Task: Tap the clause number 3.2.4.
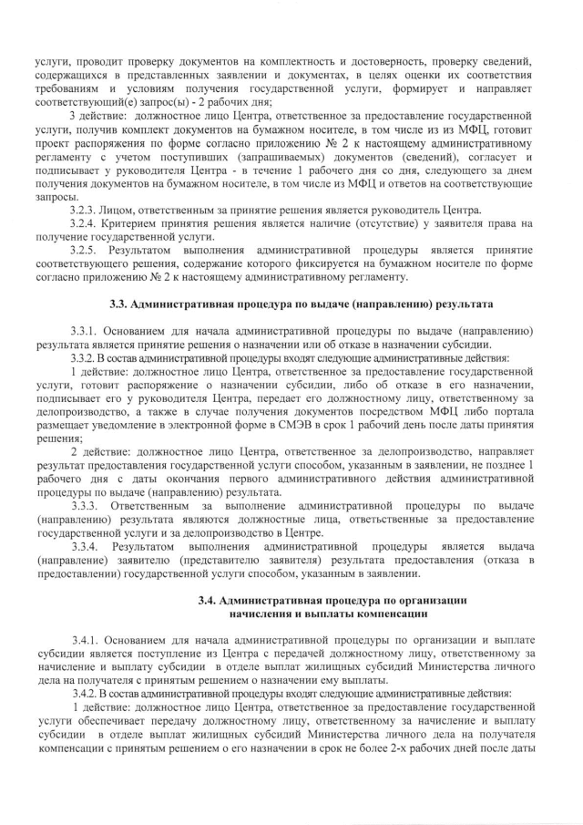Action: (88, 223)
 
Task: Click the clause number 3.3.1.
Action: (88, 331)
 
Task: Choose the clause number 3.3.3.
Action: (89, 506)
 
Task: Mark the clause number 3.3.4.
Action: (89, 546)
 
